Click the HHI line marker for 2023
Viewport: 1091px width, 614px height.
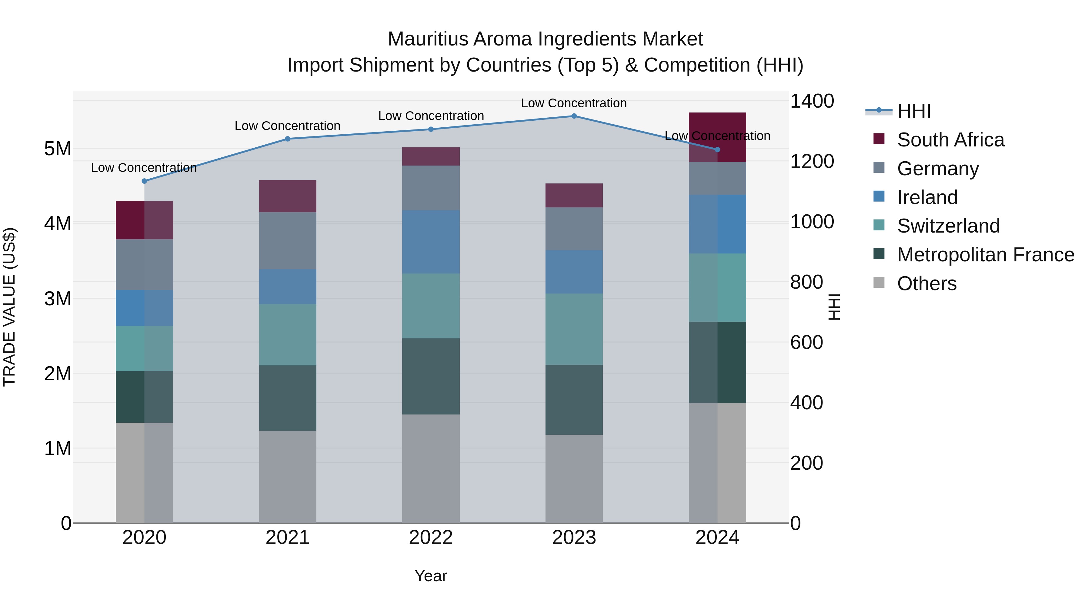pyautogui.click(x=574, y=116)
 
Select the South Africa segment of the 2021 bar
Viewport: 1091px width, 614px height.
pyautogui.click(x=288, y=196)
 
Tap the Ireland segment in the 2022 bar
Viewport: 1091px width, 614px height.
pyautogui.click(x=431, y=242)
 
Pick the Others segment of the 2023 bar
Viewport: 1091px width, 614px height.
pyautogui.click(x=574, y=478)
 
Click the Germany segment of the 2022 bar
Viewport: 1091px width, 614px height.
pyautogui.click(x=431, y=188)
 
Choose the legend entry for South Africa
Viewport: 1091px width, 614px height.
pyautogui.click(x=950, y=140)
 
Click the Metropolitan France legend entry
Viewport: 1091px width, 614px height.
pyautogui.click(x=985, y=255)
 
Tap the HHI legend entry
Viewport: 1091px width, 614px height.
pyautogui.click(x=913, y=111)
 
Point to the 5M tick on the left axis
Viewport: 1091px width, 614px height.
pyautogui.click(x=58, y=149)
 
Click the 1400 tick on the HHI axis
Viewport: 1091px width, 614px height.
pyautogui.click(x=812, y=101)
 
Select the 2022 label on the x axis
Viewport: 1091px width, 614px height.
pyautogui.click(x=431, y=538)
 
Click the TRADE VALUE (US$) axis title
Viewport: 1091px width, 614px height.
pyautogui.click(x=10, y=307)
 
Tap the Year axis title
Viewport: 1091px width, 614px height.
pyautogui.click(x=431, y=576)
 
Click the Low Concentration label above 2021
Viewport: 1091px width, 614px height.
pyautogui.click(x=287, y=126)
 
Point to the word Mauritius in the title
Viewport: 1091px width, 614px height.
pyautogui.click(x=428, y=39)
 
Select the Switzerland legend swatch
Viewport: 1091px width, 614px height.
pyautogui.click(x=879, y=225)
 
